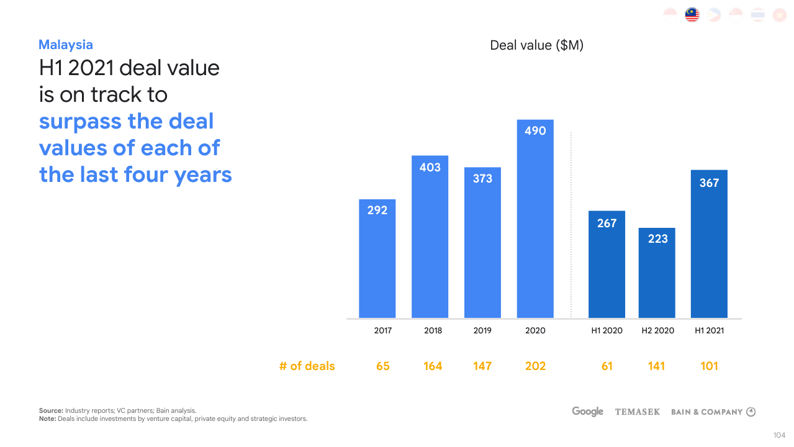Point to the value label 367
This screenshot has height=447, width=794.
[x=709, y=183]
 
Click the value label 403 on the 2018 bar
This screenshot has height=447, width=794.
[x=430, y=167]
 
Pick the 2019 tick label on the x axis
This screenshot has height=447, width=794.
[x=482, y=330]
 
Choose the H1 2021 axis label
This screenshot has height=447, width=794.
[x=709, y=330]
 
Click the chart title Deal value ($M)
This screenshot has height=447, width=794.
[x=536, y=45]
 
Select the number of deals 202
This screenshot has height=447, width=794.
[x=535, y=366]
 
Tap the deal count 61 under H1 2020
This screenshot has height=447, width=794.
[x=607, y=366]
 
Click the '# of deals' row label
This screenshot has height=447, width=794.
[x=307, y=366]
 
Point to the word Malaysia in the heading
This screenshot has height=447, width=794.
[x=66, y=45]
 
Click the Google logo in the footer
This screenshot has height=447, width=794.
[x=587, y=412]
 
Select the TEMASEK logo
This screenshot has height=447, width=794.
[x=638, y=412]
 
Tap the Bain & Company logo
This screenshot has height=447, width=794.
[x=713, y=412]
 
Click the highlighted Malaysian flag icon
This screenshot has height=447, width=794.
[x=692, y=15]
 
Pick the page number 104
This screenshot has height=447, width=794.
[x=780, y=435]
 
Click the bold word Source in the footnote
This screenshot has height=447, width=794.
[x=51, y=410]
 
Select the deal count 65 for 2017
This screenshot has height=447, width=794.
[x=383, y=366]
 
